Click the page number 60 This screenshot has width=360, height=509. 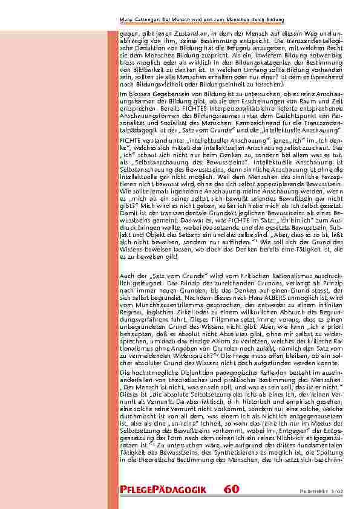point(231,489)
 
